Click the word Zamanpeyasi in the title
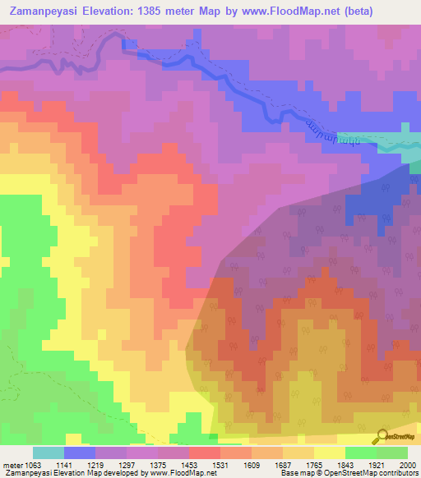pyautogui.click(x=42, y=11)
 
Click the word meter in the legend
pyautogui.click(x=12, y=464)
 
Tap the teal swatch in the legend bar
pyautogui.click(x=48, y=453)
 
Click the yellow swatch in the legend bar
pyautogui.click(x=329, y=453)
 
